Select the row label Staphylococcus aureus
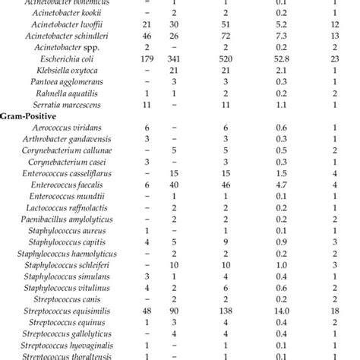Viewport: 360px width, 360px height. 65,230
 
